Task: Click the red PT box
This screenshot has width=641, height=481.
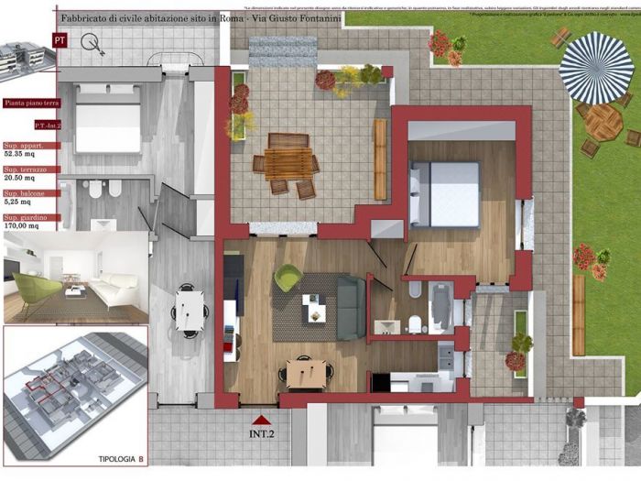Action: (x=60, y=40)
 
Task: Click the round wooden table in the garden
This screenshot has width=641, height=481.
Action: (x=603, y=122)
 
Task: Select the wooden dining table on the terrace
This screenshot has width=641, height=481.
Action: (x=287, y=164)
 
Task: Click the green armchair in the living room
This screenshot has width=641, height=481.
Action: (x=288, y=277)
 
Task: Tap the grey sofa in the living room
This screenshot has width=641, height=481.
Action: (x=352, y=307)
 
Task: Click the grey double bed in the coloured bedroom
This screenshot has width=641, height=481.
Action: (x=445, y=193)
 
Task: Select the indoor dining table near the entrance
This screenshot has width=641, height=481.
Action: (x=303, y=371)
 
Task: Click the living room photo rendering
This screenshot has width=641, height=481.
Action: (x=76, y=279)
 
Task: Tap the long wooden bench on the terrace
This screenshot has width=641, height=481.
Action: (x=380, y=159)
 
